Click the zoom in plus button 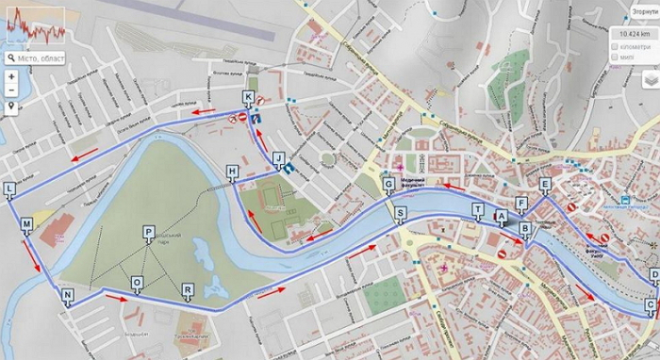10,76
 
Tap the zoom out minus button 10,90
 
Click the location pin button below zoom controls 10,107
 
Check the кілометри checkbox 615,46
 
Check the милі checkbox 615,57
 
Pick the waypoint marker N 68,295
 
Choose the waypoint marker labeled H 232,171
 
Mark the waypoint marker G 388,183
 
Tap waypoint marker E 545,184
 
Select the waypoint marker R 188,289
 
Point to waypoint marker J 278,157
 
